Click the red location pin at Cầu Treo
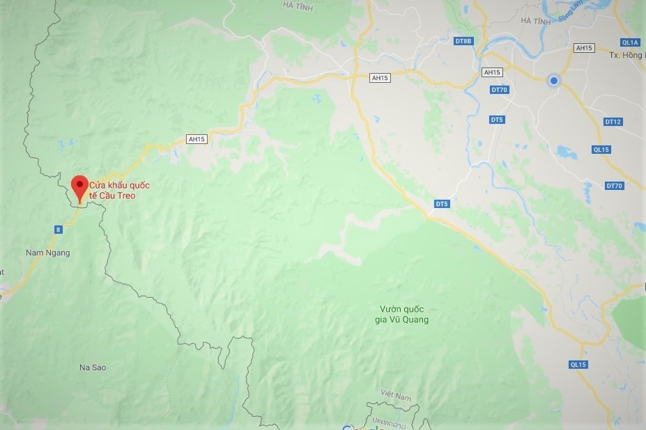[79, 186]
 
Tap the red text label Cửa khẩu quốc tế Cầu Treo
[119, 191]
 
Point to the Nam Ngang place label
[47, 253]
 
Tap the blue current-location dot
[554, 81]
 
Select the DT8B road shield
[463, 41]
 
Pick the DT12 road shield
[613, 122]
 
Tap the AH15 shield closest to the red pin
[197, 139]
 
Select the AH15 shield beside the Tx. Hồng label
[585, 48]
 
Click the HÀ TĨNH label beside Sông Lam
[535, 21]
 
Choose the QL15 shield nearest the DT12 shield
[601, 150]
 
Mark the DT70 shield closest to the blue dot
[500, 90]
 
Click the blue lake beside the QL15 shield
[567, 151]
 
